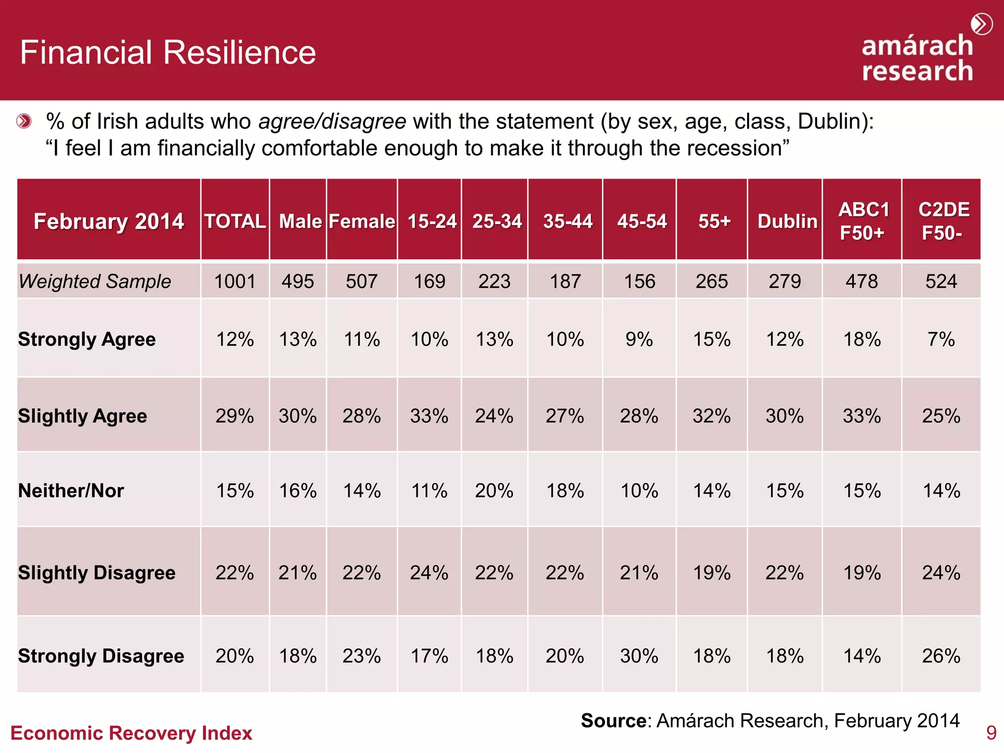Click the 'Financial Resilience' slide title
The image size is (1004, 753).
[x=168, y=52]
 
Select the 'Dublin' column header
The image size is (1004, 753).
[x=787, y=221]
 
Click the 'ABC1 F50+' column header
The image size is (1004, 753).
[x=863, y=221]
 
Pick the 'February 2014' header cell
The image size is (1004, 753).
[x=108, y=221]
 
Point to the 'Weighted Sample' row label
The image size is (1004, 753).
[x=95, y=281]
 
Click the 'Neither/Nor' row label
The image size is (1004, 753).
[x=71, y=491]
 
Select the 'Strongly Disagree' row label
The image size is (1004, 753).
[x=101, y=656]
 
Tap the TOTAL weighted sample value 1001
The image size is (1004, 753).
[x=235, y=281]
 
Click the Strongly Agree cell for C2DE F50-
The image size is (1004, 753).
[x=941, y=339]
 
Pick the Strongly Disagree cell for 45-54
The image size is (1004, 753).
[x=639, y=656]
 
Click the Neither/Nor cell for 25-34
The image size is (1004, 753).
[x=494, y=491]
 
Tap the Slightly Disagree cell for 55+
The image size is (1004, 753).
[x=711, y=573]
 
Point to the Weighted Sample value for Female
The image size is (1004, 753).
[x=361, y=281]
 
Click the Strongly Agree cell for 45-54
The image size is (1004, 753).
[x=639, y=339]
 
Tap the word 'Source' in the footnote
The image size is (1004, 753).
[x=613, y=721]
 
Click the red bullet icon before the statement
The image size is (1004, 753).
[x=24, y=121]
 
